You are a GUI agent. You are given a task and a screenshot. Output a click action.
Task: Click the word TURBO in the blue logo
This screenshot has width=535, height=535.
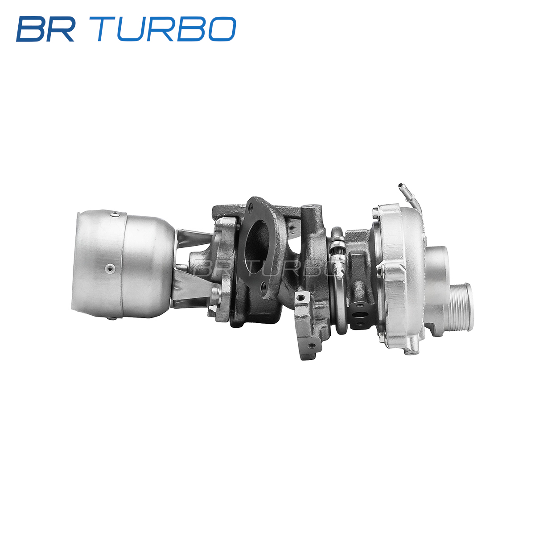coord(167,29)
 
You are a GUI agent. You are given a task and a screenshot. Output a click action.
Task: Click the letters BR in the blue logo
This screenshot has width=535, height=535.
coord(45,29)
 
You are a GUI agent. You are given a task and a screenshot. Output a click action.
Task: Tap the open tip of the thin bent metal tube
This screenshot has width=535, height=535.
coord(400,185)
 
